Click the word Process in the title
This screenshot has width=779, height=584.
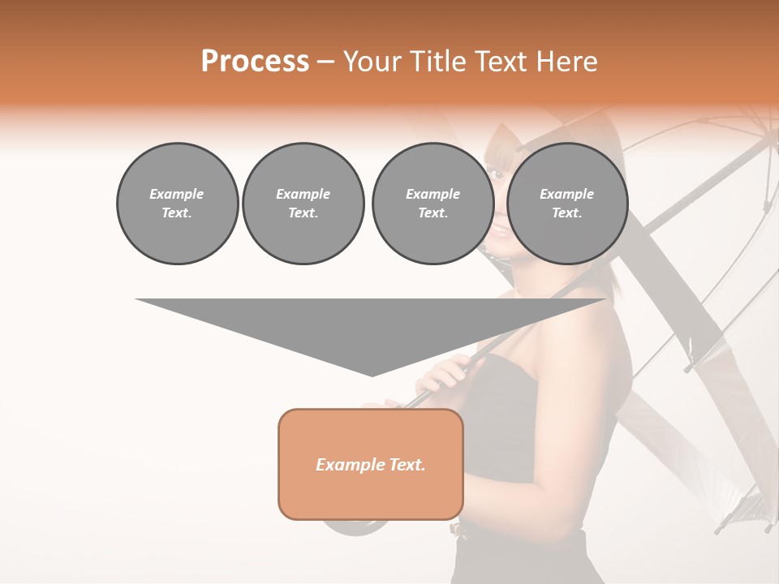coord(255,61)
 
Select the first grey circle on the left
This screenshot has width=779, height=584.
coord(177,204)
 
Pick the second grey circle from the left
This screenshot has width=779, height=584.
coord(303,204)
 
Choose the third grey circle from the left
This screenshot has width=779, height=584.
coord(433,204)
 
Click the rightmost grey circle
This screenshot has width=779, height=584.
coord(566,204)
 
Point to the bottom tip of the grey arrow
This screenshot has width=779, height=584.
coord(372,376)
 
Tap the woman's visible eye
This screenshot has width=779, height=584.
coord(494,173)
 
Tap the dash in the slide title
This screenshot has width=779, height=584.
coord(325,62)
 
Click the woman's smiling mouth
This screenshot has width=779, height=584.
coord(497,230)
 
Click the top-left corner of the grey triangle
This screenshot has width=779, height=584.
coord(136,299)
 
